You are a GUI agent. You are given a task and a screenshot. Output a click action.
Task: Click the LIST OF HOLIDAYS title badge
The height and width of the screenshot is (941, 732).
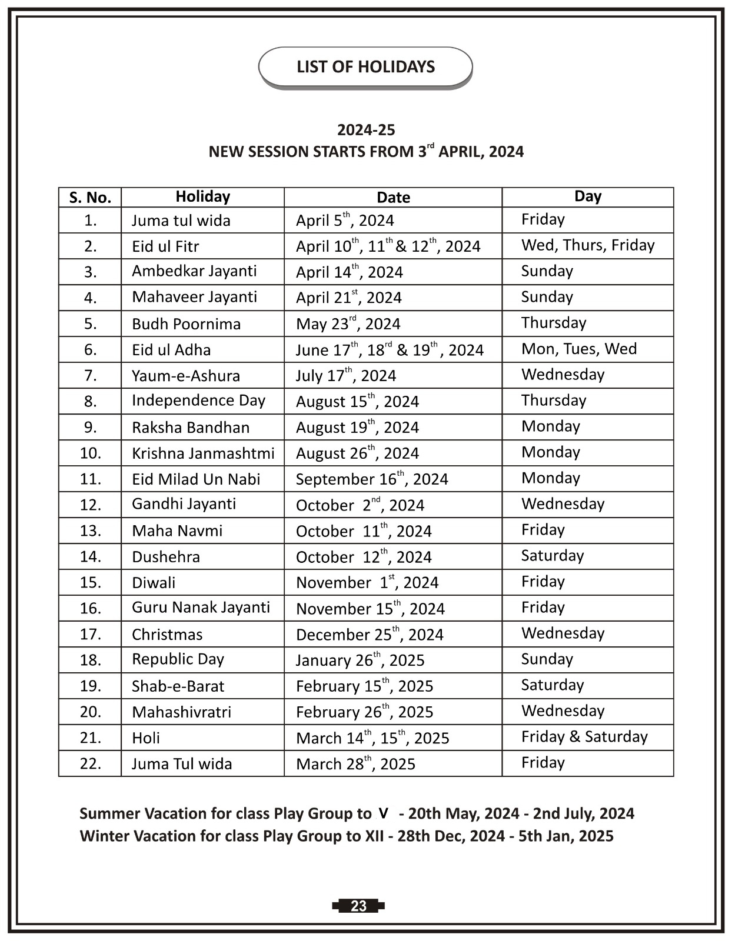pos(365,66)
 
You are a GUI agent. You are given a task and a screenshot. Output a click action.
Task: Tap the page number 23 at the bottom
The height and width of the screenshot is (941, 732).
pos(358,906)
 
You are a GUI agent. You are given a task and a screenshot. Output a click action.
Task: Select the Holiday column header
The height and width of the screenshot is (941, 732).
pos(202,196)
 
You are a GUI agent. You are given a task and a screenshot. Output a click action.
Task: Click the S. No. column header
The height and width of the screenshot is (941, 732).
pos(90,198)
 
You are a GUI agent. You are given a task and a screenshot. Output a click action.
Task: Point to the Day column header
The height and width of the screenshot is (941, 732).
pos(587,196)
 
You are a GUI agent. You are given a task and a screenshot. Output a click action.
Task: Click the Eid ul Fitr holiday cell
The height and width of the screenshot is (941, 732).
pos(165,246)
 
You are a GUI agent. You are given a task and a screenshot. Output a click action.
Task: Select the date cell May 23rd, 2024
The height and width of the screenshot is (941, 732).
pos(348,323)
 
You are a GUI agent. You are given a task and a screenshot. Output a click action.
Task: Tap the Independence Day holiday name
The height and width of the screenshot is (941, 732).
pos(198,401)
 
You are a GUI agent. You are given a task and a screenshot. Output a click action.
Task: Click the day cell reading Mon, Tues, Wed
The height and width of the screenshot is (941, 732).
pos(579,349)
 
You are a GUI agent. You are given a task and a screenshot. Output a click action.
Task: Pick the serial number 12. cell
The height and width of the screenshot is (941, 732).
pos(90,505)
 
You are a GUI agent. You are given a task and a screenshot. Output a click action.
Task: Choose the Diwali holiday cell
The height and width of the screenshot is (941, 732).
pos(154,582)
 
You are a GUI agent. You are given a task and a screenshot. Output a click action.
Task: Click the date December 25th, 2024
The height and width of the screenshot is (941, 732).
pos(370,634)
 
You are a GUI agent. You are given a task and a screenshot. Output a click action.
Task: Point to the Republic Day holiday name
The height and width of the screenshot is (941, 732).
pos(178,659)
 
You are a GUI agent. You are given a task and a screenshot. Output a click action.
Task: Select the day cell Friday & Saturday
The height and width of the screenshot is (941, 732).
pos(584,737)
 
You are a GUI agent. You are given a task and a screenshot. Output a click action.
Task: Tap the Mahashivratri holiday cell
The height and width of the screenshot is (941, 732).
pos(181,712)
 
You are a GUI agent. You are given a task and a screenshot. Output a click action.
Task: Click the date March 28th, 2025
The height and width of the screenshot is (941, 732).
pos(355,763)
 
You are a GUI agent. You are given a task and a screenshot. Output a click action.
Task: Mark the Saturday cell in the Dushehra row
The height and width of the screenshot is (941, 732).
pos(553,556)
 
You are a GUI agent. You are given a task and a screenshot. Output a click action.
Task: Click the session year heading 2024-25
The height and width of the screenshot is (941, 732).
pos(366,130)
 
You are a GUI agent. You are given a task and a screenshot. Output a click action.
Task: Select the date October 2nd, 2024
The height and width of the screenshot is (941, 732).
pos(360,505)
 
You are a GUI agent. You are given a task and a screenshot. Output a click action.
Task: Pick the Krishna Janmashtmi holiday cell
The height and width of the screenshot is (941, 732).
pos(203,453)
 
